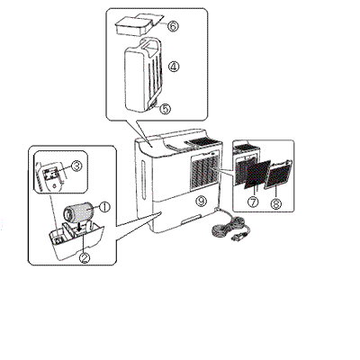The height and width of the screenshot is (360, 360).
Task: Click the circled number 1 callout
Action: tap(104, 206)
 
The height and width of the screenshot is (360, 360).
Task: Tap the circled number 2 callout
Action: tap(85, 257)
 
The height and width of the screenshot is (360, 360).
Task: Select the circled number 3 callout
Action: tap(76, 166)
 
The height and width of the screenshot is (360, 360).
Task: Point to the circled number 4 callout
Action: tap(174, 67)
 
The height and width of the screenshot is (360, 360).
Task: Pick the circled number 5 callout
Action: tap(165, 109)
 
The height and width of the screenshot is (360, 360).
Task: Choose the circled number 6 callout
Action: tap(173, 26)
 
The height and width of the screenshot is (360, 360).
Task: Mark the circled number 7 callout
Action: tap(253, 202)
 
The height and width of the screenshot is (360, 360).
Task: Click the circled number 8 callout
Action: tap(275, 204)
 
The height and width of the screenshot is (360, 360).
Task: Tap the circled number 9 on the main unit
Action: tap(202, 201)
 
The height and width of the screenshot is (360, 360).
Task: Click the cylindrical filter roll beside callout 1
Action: tap(77, 212)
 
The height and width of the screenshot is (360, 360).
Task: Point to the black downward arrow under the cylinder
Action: tap(79, 228)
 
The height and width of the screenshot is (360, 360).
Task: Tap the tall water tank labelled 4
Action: tap(144, 75)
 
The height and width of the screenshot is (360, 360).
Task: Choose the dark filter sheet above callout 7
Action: tap(257, 175)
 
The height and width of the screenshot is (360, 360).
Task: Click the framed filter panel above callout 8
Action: tap(278, 174)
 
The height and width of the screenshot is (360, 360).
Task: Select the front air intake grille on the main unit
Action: tap(203, 173)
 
